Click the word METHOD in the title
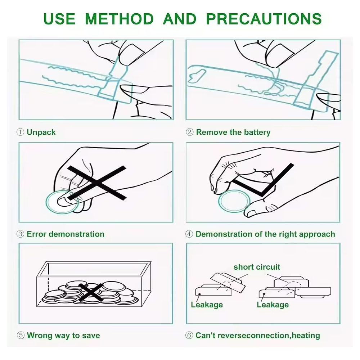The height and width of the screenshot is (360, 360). point(119,19)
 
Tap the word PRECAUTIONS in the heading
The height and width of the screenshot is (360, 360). point(264,19)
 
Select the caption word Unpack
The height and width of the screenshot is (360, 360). point(41,132)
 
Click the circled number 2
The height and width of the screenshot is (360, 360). point(189,132)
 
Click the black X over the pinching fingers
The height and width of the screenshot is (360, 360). point(96,183)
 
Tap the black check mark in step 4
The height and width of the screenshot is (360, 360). point(263,180)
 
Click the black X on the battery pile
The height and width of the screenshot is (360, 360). point(91,292)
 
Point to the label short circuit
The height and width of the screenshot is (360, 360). point(257,267)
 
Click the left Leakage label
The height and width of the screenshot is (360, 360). point(207,305)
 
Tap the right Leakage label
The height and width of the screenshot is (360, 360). point(273,305)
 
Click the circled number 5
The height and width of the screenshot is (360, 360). point(21,335)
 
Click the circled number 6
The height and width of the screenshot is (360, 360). point(189,335)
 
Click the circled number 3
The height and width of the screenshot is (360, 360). point(21,234)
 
